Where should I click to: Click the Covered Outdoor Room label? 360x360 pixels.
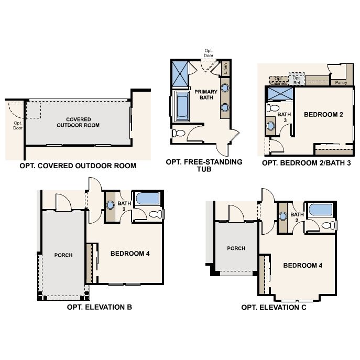pos(78,123)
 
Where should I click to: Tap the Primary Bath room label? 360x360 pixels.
pos(206,95)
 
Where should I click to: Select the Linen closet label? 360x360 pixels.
pos(225,69)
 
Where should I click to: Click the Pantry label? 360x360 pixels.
pos(341,83)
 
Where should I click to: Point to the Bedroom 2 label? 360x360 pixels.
pos(323,115)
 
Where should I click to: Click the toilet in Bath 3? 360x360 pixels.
pos(273,107)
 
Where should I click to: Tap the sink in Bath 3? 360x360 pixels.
pos(271,126)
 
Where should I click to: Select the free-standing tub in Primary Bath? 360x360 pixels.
pos(182,106)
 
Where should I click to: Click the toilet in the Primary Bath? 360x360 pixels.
pos(178,133)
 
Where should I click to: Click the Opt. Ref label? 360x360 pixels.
pos(297,80)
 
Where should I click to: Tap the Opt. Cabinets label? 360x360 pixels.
pos(279,81)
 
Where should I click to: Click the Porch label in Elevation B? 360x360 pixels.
pos(63,255)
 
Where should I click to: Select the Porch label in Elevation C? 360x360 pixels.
pos(236,248)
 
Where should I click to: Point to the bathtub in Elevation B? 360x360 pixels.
pos(148,199)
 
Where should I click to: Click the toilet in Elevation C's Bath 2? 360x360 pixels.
pos(329,225)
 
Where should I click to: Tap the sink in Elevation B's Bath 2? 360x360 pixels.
pos(110,204)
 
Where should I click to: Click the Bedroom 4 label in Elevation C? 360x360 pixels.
pos(302,266)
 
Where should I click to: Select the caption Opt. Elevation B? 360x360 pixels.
pos(100,307)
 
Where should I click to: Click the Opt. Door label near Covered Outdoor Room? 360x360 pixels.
pos(18,126)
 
